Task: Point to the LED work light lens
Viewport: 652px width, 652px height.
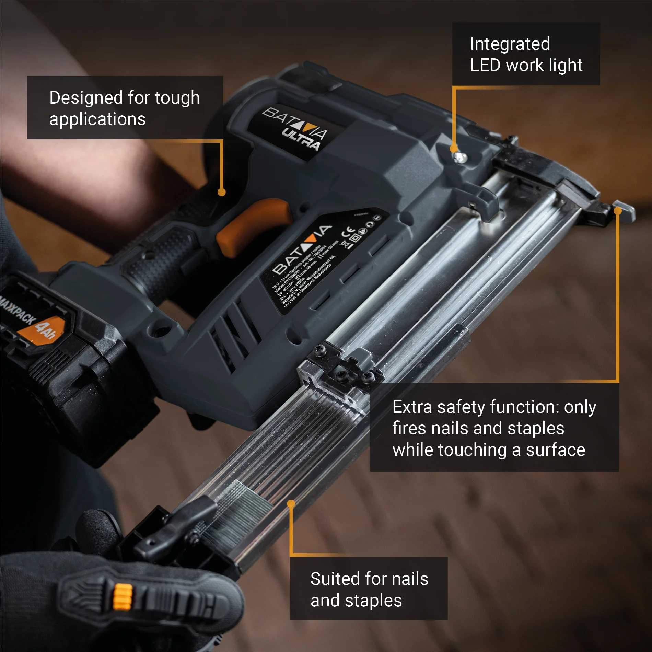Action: (x=459, y=158)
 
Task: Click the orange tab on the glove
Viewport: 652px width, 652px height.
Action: (x=123, y=597)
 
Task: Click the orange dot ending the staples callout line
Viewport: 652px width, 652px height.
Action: (x=291, y=504)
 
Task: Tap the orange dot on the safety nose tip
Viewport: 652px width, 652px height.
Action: (x=617, y=211)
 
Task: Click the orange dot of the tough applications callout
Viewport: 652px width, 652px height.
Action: (x=222, y=192)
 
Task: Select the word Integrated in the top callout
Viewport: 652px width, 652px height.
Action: (x=510, y=44)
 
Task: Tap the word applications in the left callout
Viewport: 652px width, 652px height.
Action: (x=97, y=119)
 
